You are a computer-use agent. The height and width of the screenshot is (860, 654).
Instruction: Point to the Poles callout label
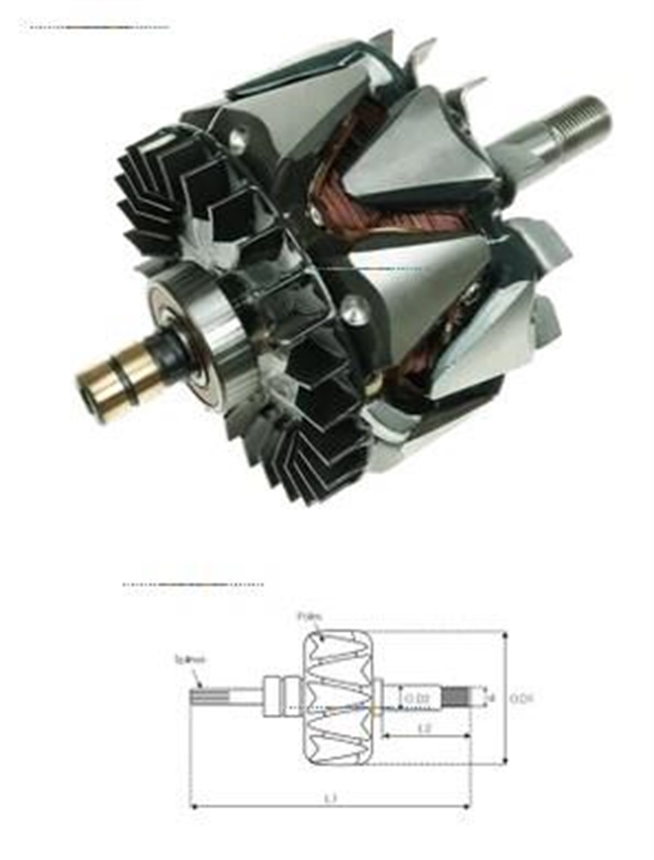click(x=310, y=617)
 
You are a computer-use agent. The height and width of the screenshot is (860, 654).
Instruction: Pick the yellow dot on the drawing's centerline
click(x=374, y=711)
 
